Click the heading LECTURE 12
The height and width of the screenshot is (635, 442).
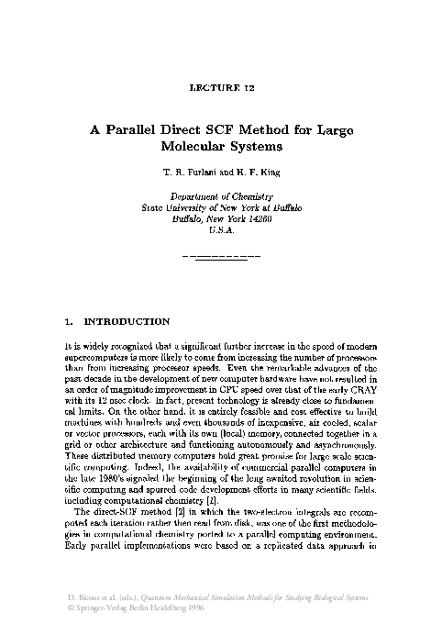[x=221, y=89]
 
